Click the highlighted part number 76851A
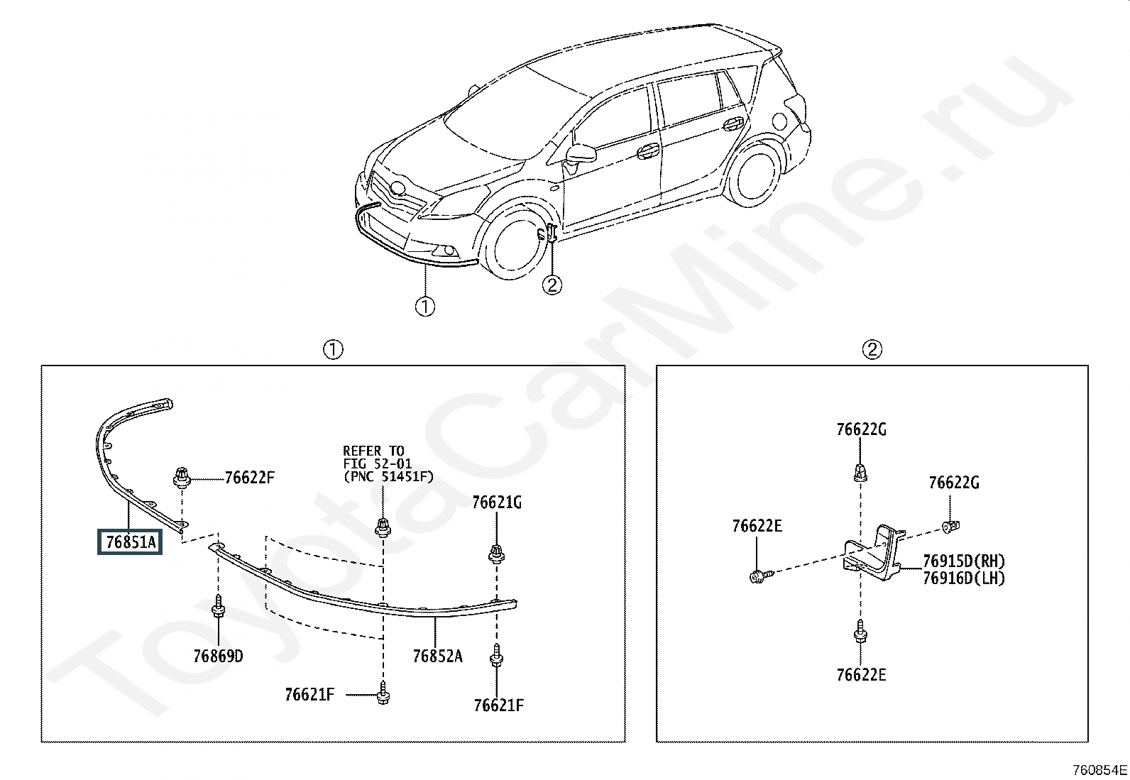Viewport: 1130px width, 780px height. click(131, 542)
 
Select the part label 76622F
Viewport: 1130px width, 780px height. click(249, 478)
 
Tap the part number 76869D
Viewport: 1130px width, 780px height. click(218, 656)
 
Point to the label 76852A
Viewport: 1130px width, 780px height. click(437, 656)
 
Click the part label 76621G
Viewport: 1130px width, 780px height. click(497, 502)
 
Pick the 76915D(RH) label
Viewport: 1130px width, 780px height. click(964, 561)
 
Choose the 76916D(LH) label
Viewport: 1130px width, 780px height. click(964, 578)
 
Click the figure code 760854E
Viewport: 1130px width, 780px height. click(1099, 770)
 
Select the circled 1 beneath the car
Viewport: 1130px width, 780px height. click(424, 307)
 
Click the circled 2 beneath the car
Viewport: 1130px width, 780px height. click(552, 285)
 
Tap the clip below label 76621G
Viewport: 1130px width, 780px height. click(496, 553)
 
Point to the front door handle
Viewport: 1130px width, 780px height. click(647, 150)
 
